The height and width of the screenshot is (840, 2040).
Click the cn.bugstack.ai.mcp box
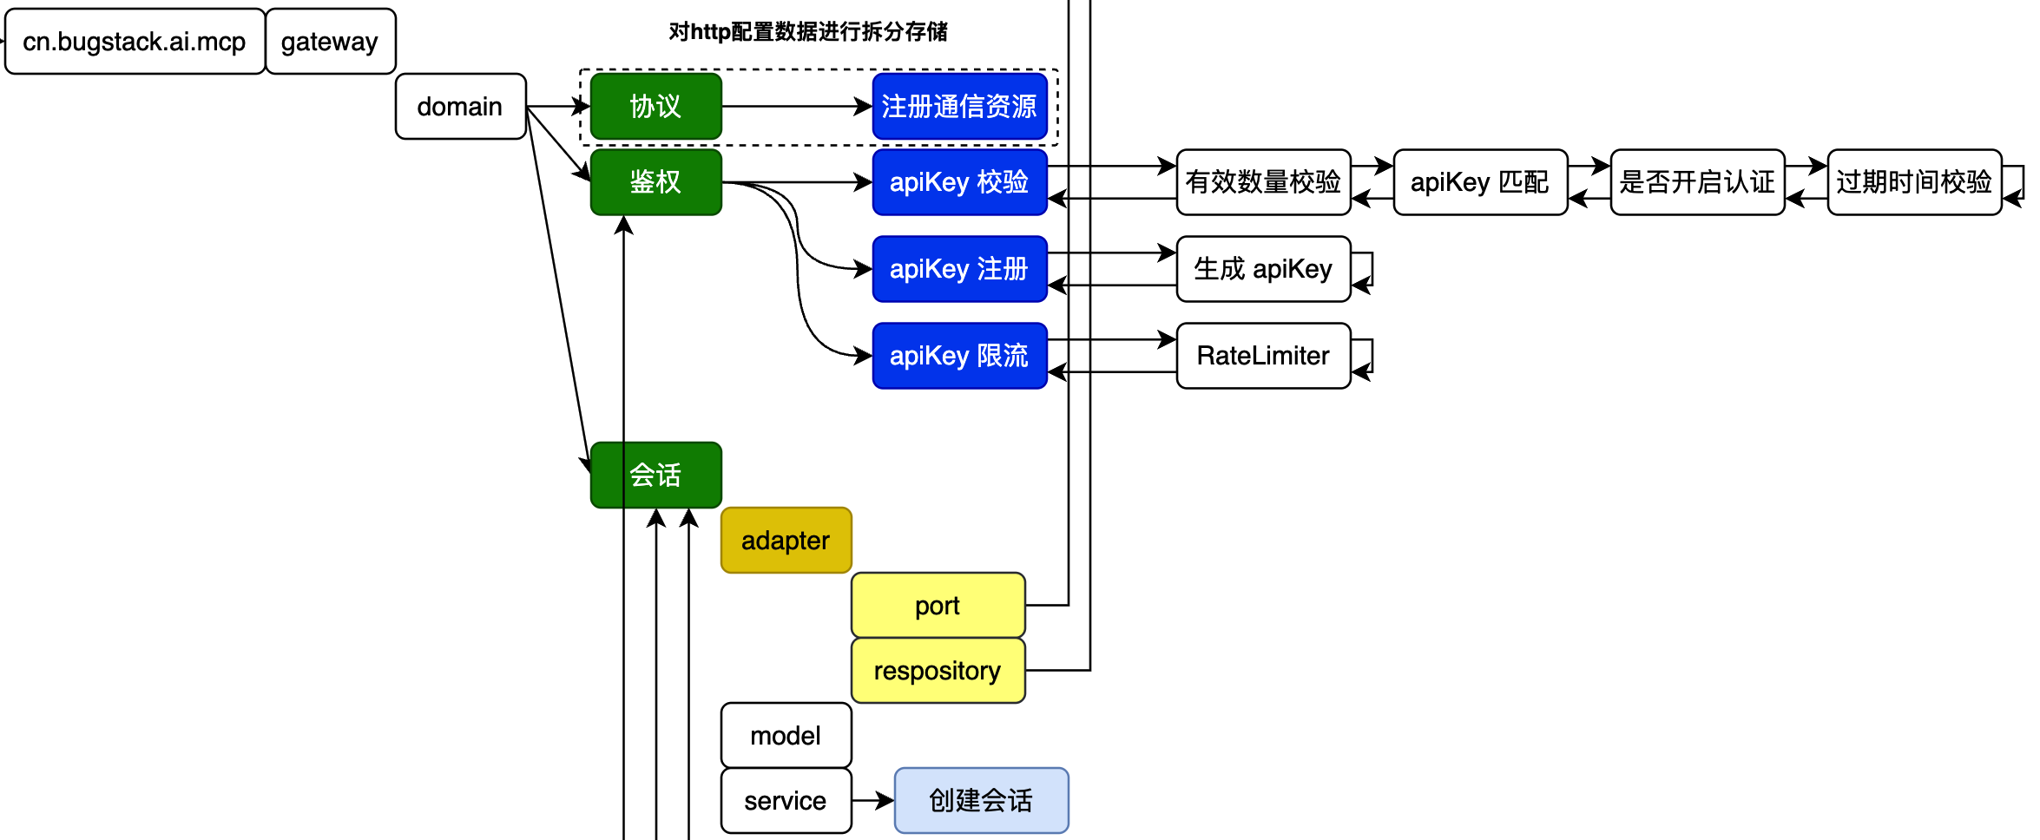[x=135, y=42]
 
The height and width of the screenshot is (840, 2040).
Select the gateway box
[x=330, y=42]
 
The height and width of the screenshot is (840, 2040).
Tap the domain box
[x=460, y=107]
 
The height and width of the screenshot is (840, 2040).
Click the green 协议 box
[x=655, y=107]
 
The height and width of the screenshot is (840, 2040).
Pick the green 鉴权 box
[x=655, y=182]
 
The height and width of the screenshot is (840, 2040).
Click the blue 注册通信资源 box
[x=959, y=107]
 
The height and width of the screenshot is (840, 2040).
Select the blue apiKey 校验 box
[x=959, y=182]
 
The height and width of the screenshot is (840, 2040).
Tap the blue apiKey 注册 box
[x=959, y=269]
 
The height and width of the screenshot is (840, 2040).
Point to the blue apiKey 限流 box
[x=959, y=356]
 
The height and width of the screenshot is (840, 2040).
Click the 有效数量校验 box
[x=1263, y=182]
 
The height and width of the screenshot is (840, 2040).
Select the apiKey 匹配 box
[x=1480, y=182]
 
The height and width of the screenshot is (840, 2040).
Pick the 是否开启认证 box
[x=1697, y=182]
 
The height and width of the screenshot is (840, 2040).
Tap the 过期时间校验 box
[x=1914, y=182]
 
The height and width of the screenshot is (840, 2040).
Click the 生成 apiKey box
[x=1263, y=269]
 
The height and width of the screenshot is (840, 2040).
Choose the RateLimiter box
[x=1263, y=356]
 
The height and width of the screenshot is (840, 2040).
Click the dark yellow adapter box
[x=786, y=541]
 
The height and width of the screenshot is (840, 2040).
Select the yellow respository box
[x=938, y=671]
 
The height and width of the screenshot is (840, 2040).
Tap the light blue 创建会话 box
[x=981, y=800]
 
